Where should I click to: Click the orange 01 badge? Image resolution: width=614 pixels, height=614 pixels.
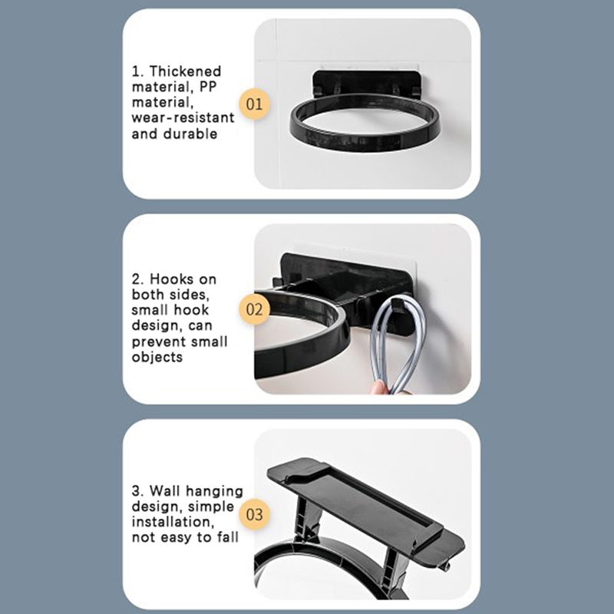tap(255, 104)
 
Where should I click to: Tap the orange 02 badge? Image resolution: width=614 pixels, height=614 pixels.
tap(255, 309)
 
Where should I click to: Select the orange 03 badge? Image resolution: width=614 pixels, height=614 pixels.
tap(255, 514)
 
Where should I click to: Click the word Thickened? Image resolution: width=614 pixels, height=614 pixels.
tap(185, 71)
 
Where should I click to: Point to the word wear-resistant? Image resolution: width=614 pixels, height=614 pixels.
tap(183, 117)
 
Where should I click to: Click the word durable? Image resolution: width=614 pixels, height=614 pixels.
tap(190, 134)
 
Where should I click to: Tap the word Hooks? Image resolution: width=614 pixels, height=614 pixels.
tap(171, 279)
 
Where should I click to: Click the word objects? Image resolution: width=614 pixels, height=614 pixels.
tap(157, 357)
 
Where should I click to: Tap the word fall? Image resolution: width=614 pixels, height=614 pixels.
tap(227, 536)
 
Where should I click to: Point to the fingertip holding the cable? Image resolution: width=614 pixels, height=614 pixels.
tap(378, 388)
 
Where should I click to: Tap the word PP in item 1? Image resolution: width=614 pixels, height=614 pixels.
tap(207, 87)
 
